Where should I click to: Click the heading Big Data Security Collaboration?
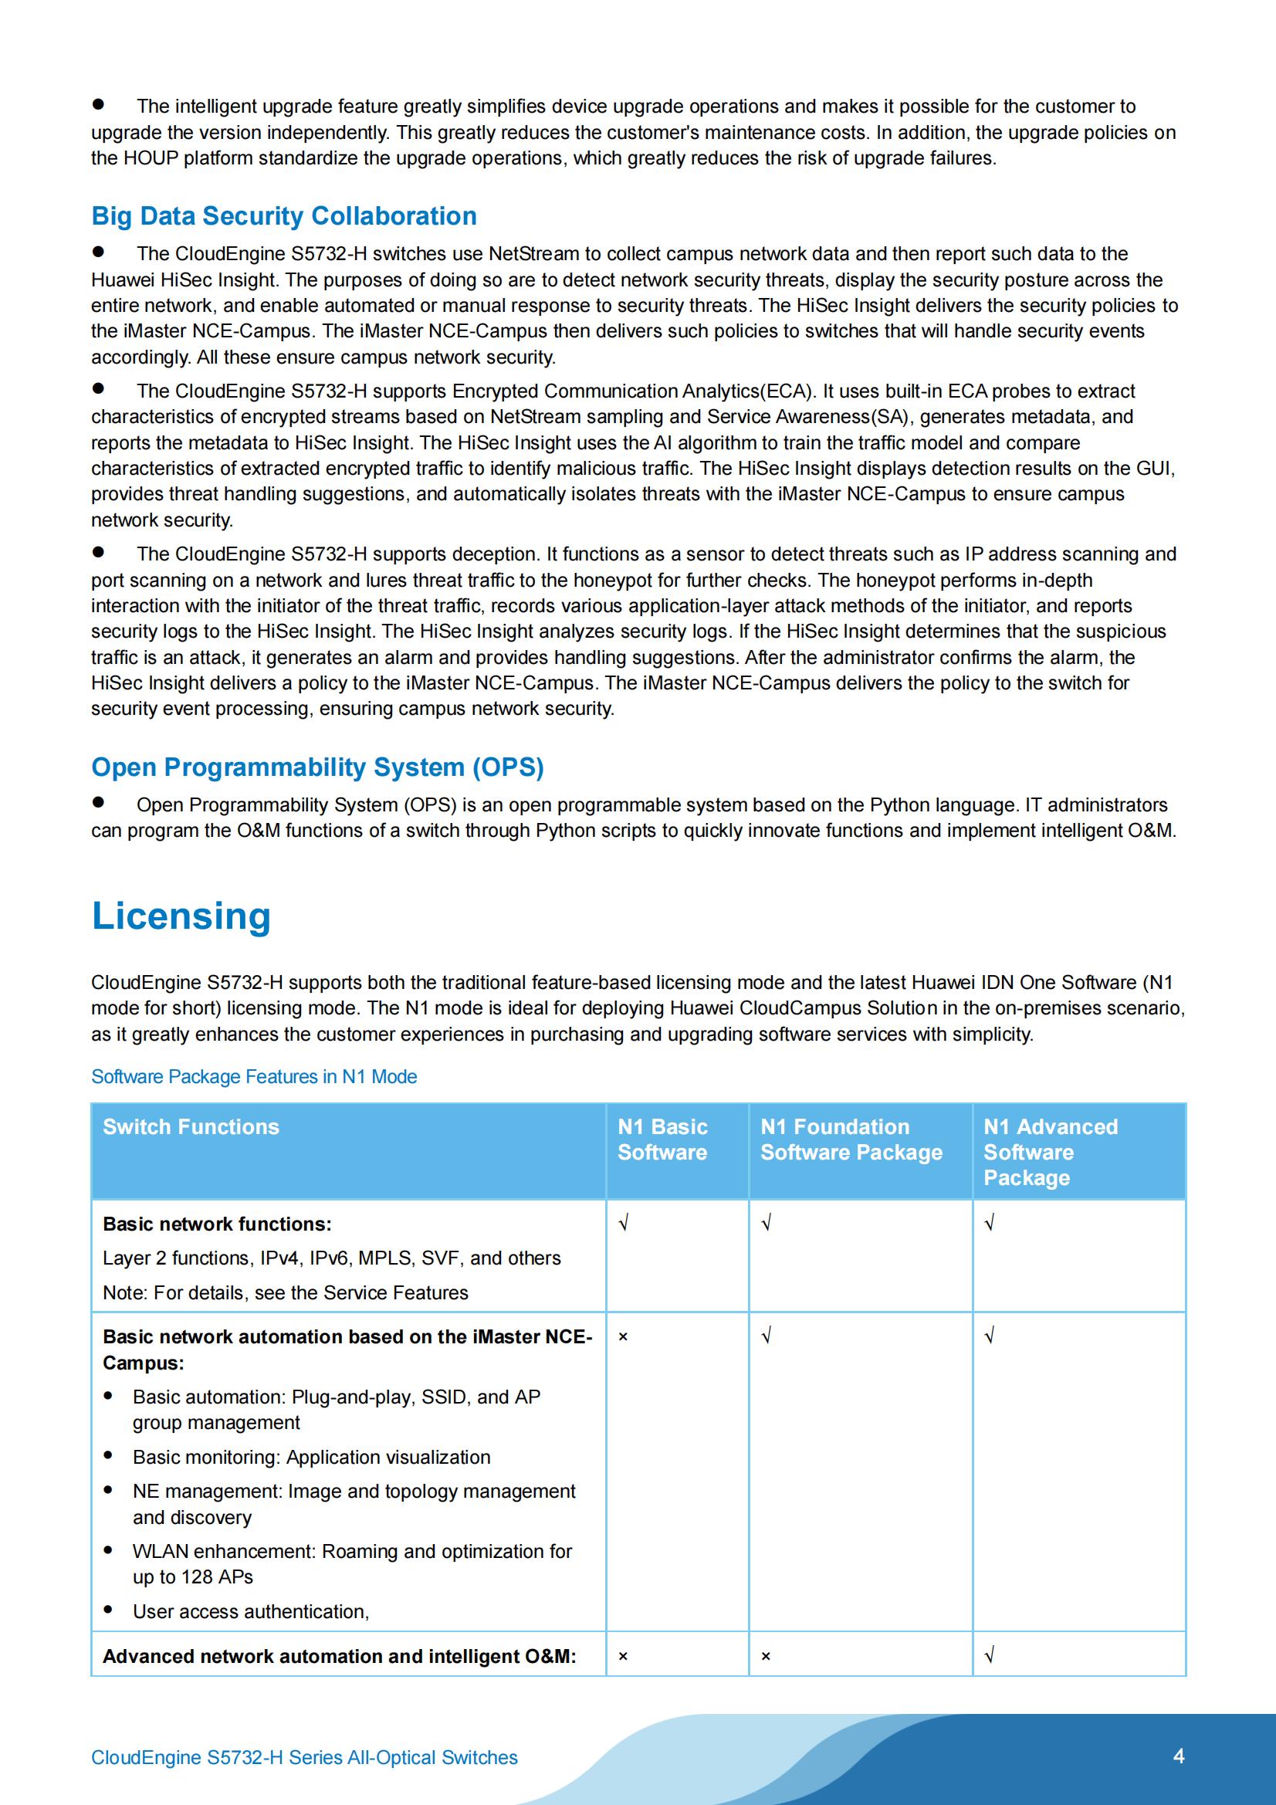tap(284, 216)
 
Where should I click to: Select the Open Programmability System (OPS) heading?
tap(316, 767)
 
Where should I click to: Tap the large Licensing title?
tap(181, 916)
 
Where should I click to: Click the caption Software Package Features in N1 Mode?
tap(254, 1076)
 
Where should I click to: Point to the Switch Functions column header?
tap(191, 1126)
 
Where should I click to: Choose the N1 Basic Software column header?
tap(663, 1140)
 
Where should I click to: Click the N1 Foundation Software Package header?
tap(851, 1140)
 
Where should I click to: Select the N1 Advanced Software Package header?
tap(1050, 1152)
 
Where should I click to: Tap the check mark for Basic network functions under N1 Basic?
tap(624, 1223)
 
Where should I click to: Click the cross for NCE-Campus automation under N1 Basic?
tap(623, 1336)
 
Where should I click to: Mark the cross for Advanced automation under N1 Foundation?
tap(766, 1657)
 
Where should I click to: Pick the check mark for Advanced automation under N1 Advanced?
tap(990, 1657)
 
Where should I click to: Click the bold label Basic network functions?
tap(217, 1224)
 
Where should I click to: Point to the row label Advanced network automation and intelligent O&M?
tap(339, 1657)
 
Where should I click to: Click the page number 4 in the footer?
tap(1178, 1757)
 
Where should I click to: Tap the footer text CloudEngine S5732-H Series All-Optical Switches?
tap(304, 1758)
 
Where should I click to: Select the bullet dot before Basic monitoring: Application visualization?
tap(109, 1456)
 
